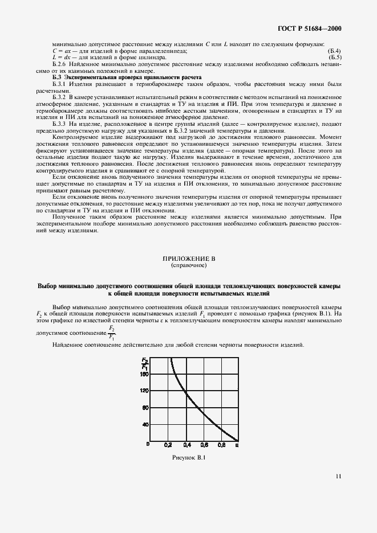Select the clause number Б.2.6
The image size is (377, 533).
click(x=60, y=64)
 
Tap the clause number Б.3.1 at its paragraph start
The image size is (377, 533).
click(x=60, y=84)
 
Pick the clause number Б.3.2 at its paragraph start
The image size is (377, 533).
click(x=60, y=97)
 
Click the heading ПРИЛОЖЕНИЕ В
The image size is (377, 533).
click(x=188, y=259)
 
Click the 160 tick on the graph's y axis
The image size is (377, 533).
click(x=144, y=374)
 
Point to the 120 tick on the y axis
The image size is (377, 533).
click(x=144, y=391)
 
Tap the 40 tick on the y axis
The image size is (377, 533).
click(x=145, y=424)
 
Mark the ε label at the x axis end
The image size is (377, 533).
click(x=237, y=446)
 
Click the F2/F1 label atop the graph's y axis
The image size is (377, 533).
click(x=144, y=363)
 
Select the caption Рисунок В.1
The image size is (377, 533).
click(x=188, y=457)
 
